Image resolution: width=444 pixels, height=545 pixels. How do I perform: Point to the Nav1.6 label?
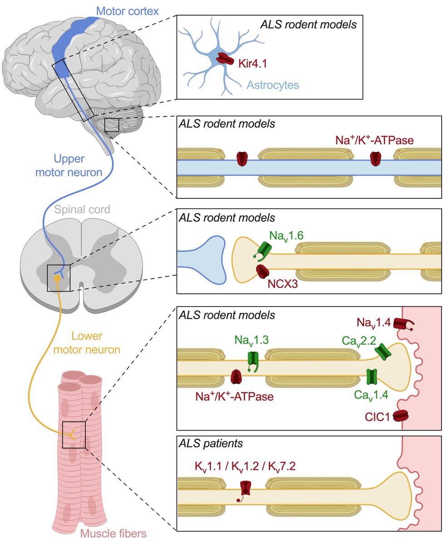pyautogui.click(x=286, y=236)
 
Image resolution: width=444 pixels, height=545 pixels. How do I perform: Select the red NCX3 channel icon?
pyautogui.click(x=263, y=272)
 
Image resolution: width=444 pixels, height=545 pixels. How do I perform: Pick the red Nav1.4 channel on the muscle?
pyautogui.click(x=402, y=324)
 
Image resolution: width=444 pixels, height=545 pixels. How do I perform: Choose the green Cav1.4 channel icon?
pyautogui.click(x=372, y=377)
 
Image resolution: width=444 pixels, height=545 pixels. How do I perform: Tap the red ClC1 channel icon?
pyautogui.click(x=400, y=415)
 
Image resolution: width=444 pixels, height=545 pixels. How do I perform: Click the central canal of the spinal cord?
pyautogui.click(x=80, y=262)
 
